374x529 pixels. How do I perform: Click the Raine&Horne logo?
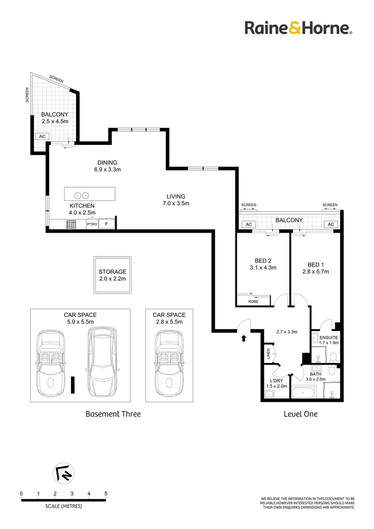tap(298, 27)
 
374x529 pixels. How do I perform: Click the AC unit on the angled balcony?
tap(42, 137)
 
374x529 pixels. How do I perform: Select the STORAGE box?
tap(112, 275)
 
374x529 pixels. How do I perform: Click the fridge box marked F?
tap(107, 224)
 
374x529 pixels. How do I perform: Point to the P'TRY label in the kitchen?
tap(92, 224)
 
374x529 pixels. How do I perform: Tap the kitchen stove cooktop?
tap(71, 224)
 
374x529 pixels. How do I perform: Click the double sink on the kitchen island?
tap(81, 194)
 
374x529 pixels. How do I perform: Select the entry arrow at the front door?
tap(243, 337)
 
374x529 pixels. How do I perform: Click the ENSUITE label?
tap(328, 337)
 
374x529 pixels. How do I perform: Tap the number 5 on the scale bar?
tap(106, 493)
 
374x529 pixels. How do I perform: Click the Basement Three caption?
tap(113, 414)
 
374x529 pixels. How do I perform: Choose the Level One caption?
tap(301, 414)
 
